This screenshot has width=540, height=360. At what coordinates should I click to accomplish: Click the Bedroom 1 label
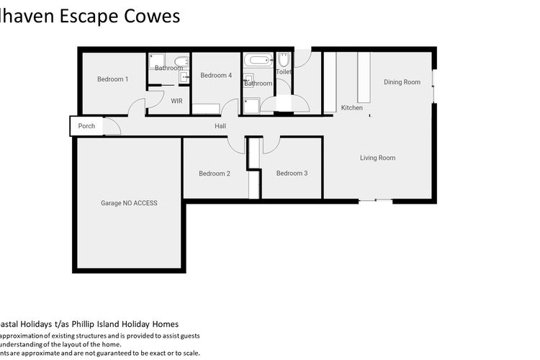(x=112, y=79)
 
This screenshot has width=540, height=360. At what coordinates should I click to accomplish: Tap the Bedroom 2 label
(x=215, y=174)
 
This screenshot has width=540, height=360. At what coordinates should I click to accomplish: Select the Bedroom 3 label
(x=292, y=174)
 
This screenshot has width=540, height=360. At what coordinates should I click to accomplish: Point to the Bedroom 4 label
(x=216, y=76)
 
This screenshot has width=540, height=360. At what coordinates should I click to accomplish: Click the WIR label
(x=177, y=102)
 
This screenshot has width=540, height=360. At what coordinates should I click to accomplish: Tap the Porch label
(x=86, y=126)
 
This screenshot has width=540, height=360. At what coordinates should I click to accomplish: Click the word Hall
(x=220, y=126)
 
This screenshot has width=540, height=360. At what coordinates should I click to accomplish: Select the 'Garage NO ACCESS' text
(x=129, y=203)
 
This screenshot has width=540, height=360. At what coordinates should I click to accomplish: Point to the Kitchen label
(x=352, y=108)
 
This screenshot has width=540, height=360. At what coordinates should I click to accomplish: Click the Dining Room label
(x=402, y=82)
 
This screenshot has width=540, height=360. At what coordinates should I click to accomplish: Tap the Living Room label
(x=377, y=158)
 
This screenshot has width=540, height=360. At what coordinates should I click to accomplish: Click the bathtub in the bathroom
(x=257, y=60)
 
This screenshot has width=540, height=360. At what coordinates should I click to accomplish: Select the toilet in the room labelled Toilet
(x=284, y=60)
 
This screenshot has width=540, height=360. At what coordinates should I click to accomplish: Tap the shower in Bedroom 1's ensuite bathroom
(x=158, y=61)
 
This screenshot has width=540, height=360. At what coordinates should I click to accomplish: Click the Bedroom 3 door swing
(x=271, y=145)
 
